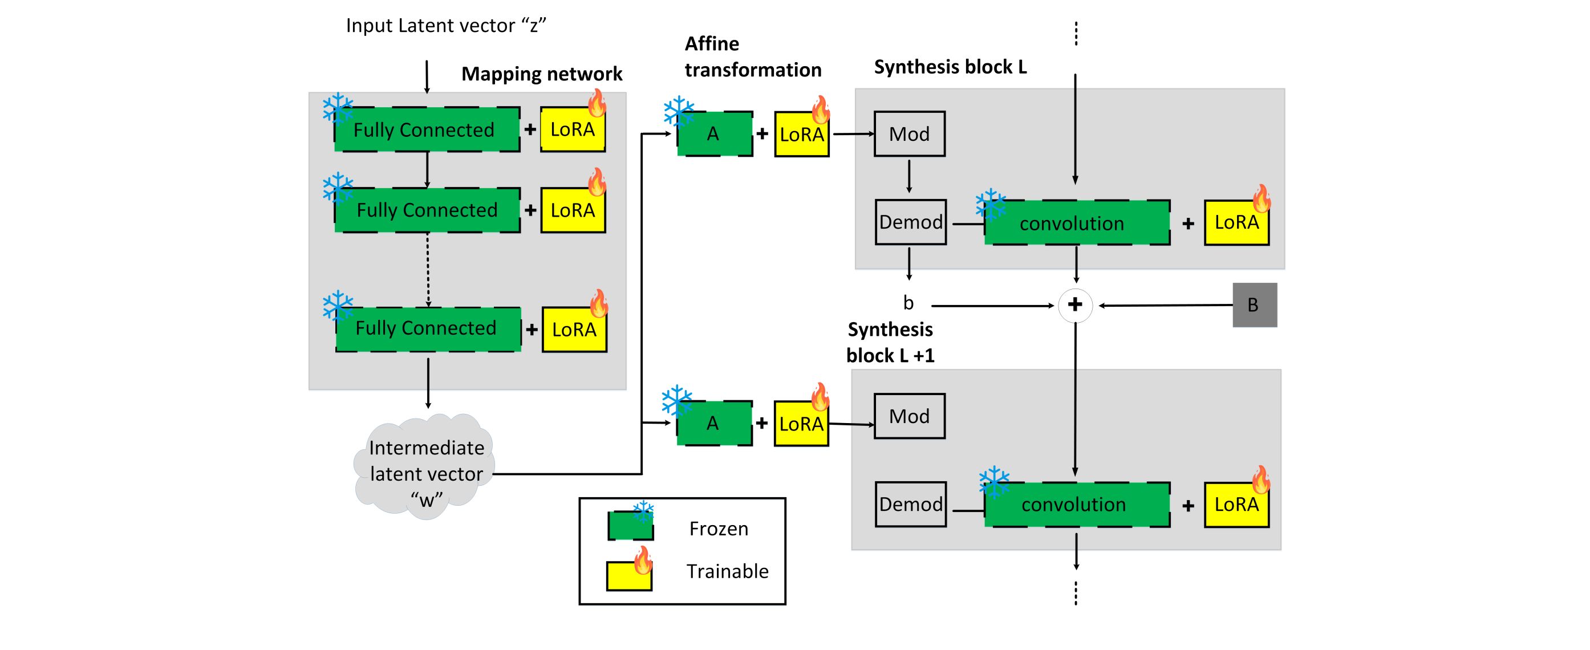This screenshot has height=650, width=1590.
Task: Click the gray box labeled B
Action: click(x=1254, y=305)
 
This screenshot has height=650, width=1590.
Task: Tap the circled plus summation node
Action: click(x=1075, y=305)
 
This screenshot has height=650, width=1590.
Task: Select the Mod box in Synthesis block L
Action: click(x=909, y=134)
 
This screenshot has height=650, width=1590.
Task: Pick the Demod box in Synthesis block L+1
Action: click(x=910, y=505)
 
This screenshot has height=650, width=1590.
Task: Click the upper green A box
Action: click(x=714, y=134)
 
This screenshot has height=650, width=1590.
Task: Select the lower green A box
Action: click(x=713, y=424)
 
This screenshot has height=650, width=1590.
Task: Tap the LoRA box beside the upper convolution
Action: click(x=1236, y=223)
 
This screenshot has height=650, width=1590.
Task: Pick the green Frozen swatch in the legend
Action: click(x=630, y=526)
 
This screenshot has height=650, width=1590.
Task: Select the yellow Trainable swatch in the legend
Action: click(x=628, y=576)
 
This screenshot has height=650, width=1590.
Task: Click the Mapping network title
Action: click(x=541, y=74)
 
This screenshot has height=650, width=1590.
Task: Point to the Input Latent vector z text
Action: click(x=445, y=26)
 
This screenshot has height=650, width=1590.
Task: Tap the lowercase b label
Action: click(x=908, y=303)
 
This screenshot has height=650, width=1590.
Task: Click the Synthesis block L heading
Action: click(x=950, y=67)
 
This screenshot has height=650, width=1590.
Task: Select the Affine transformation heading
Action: click(x=752, y=57)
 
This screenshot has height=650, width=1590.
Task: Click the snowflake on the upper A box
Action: click(x=678, y=112)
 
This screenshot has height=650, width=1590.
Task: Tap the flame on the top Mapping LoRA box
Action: click(x=597, y=103)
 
